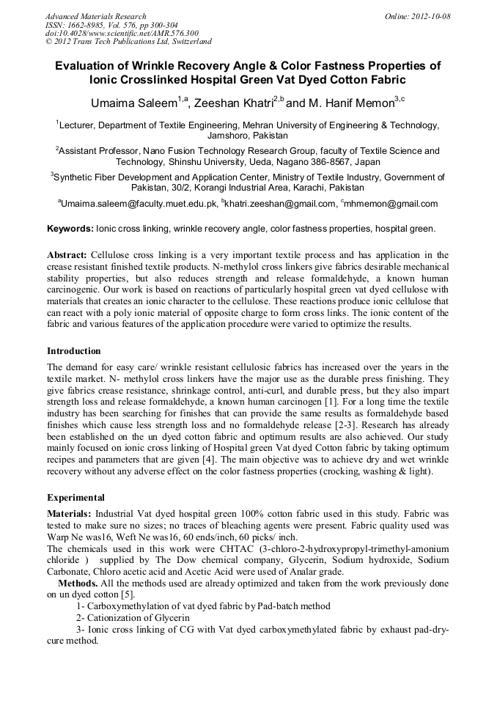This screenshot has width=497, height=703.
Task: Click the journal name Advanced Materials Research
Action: [x=96, y=16]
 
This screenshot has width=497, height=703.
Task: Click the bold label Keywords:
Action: [x=70, y=229]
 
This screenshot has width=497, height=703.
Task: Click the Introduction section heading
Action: [x=74, y=350]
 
